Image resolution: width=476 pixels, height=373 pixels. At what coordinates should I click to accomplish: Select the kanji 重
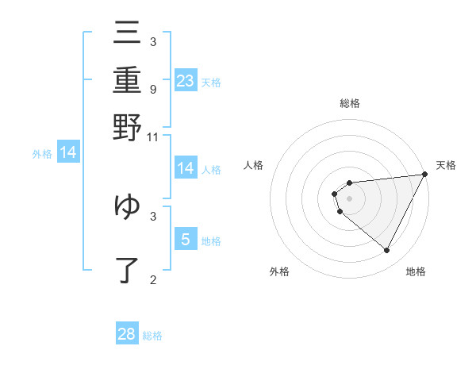point(127,80)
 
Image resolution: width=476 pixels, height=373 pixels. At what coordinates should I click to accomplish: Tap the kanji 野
point(127,127)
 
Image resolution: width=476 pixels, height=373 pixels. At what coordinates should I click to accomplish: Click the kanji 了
point(127,270)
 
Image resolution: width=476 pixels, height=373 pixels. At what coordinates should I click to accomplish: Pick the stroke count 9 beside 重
point(152,89)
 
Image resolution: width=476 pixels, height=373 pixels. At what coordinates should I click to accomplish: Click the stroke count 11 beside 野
point(153,137)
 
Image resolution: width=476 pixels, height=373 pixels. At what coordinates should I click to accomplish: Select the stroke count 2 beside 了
point(152,279)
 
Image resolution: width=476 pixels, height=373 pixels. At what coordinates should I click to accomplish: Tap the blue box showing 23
point(186,80)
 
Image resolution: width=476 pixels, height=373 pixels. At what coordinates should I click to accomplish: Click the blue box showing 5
point(186,239)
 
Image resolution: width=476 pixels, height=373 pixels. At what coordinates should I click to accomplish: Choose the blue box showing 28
point(127,334)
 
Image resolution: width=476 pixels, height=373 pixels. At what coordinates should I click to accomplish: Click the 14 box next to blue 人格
point(186,167)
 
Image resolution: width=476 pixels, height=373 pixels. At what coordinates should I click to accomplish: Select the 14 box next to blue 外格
point(68,152)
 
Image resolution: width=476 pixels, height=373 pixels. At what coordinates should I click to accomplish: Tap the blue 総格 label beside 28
point(152,336)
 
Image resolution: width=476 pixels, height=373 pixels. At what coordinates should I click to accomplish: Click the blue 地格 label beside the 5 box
point(211,240)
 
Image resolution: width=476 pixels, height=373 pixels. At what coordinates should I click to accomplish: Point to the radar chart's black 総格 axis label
point(349,104)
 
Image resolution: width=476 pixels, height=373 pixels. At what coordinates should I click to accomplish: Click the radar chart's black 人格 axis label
point(253,165)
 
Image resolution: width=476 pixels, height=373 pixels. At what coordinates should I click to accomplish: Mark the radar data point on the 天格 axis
point(424,174)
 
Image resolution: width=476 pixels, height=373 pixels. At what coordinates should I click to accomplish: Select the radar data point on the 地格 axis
point(386,250)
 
